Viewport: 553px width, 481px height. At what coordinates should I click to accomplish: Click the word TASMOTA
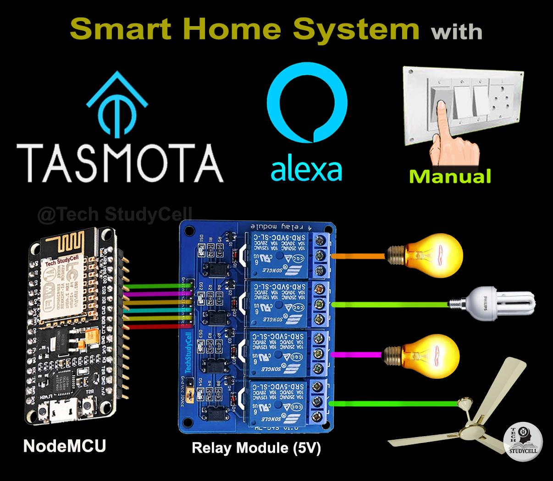(120, 163)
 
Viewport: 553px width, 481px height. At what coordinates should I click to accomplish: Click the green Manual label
(450, 176)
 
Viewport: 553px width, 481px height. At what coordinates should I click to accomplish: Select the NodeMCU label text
(64, 446)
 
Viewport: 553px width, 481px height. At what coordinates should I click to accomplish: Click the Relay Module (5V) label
(256, 448)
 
